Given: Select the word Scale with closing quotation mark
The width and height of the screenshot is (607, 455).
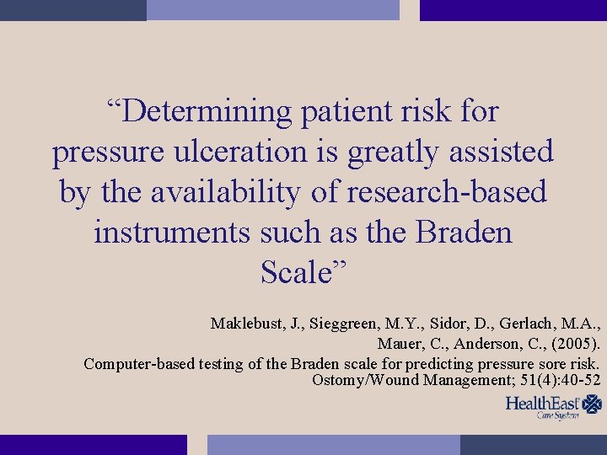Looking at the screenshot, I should (303, 272).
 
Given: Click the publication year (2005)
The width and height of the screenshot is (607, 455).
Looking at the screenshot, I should (573, 344).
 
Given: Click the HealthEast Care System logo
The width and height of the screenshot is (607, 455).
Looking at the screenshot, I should (553, 407).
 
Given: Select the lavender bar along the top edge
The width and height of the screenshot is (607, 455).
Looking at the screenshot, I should (272, 10).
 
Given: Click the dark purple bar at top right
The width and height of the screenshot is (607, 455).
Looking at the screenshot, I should (513, 10).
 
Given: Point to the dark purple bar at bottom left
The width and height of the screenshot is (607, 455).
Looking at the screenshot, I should (93, 444).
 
